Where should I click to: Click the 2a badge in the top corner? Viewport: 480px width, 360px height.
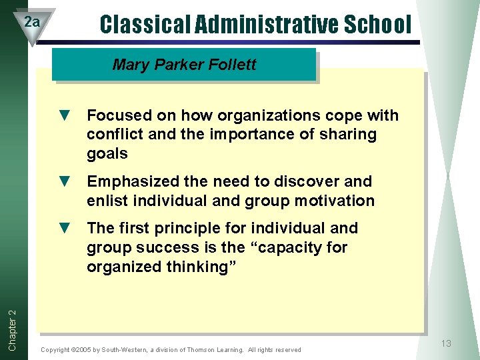point(31,23)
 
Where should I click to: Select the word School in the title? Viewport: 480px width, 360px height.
point(378,25)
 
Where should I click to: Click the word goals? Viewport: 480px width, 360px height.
point(107,154)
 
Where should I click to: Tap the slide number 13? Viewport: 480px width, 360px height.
point(446,343)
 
